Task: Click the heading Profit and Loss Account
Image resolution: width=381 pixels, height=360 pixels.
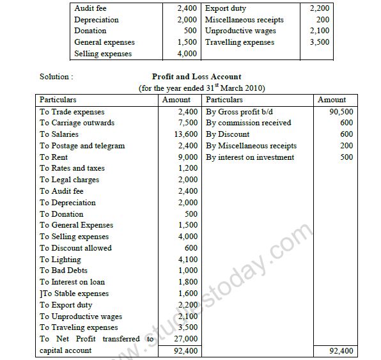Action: (x=196, y=77)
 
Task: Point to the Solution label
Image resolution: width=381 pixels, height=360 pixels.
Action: (x=56, y=77)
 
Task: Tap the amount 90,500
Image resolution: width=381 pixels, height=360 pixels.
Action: (x=340, y=111)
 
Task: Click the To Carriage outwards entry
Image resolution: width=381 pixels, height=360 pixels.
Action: (x=77, y=123)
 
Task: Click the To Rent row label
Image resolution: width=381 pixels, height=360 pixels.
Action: (x=54, y=157)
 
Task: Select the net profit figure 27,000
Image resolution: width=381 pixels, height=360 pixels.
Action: (x=186, y=339)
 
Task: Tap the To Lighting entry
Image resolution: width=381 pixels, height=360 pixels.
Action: (x=60, y=260)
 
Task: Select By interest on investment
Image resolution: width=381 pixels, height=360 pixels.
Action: (x=250, y=157)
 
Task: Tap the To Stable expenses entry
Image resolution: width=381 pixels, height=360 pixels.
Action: (x=74, y=293)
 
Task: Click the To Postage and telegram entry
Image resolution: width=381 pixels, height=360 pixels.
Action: (x=82, y=146)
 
